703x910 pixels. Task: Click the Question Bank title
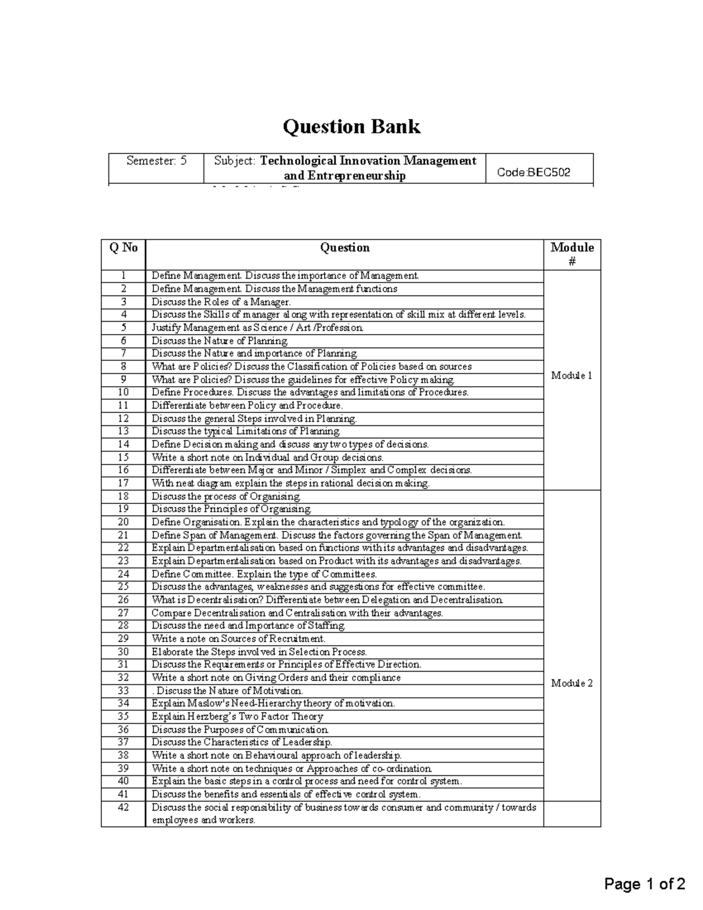click(x=351, y=127)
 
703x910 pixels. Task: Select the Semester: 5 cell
click(x=156, y=161)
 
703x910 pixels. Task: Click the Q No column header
click(x=123, y=248)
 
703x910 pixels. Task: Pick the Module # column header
click(x=572, y=254)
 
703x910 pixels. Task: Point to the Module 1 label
click(x=572, y=376)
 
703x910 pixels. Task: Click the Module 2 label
click(x=572, y=683)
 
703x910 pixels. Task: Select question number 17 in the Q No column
click(x=123, y=483)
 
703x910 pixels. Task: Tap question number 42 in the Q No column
click(x=123, y=807)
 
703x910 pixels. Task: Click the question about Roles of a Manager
click(x=221, y=302)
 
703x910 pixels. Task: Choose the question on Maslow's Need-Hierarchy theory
click(x=273, y=703)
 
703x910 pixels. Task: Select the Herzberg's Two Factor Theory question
click(x=237, y=717)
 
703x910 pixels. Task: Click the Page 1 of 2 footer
click(x=644, y=884)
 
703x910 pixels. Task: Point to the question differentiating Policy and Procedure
click(x=247, y=405)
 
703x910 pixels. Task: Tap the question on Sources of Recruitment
click(x=238, y=639)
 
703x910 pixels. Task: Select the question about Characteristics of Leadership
click(x=242, y=742)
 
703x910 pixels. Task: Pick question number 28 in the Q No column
click(x=123, y=626)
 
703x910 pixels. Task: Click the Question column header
click(x=344, y=248)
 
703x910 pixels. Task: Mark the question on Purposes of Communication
click(x=240, y=730)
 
